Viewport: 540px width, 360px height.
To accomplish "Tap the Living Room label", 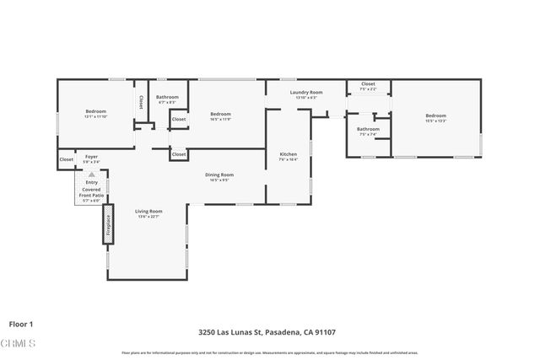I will tap(148, 211).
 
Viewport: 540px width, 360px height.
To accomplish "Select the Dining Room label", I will tap(220, 175).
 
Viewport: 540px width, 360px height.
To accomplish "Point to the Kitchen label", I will tap(289, 154).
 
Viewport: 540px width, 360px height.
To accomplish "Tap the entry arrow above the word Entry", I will tap(91, 175).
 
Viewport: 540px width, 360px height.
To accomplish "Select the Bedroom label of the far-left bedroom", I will tap(95, 111).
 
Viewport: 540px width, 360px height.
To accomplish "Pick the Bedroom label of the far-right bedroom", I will tap(435, 116).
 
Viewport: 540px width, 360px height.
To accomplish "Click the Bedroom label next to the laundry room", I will tap(220, 114).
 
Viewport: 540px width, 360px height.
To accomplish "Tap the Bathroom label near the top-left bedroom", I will tap(167, 97).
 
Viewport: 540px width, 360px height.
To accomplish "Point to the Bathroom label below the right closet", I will tap(368, 129).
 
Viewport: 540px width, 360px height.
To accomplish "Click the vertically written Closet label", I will tap(141, 101).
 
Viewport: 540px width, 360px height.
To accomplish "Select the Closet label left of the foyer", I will tap(66, 159).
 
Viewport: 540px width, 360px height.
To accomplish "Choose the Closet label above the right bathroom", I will tap(368, 84).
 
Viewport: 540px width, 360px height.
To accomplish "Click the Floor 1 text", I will tap(20, 324).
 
